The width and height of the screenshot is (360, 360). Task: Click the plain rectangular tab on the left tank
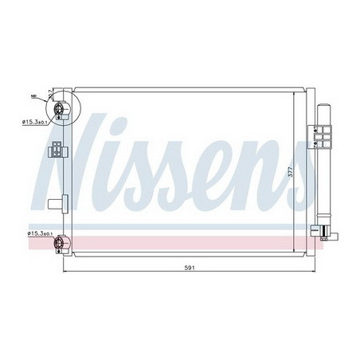(x=53, y=202)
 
